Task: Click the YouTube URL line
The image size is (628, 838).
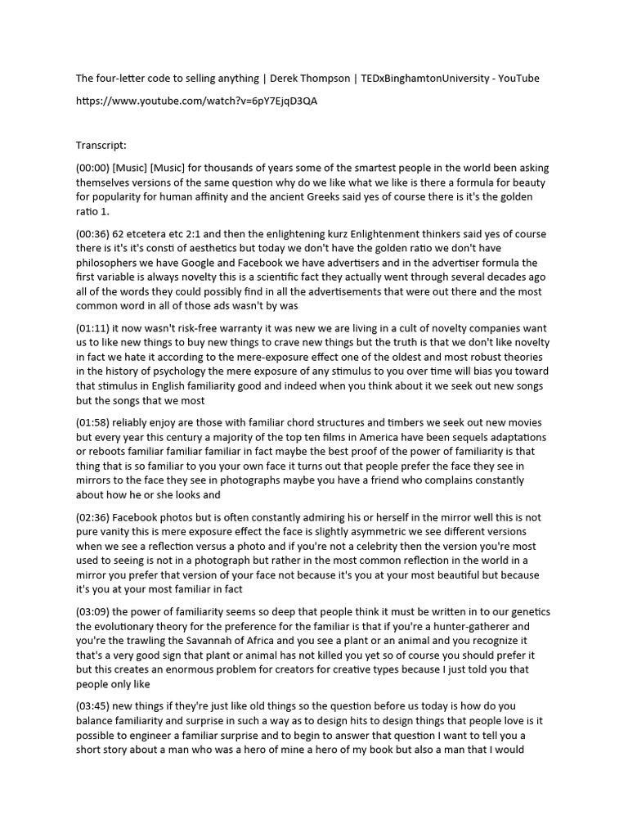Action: pos(197,101)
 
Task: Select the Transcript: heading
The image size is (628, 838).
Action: pos(101,146)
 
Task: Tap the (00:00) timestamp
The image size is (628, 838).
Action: pos(93,168)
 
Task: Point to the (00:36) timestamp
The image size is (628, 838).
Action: pos(93,234)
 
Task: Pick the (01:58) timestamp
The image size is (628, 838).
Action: pos(93,422)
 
